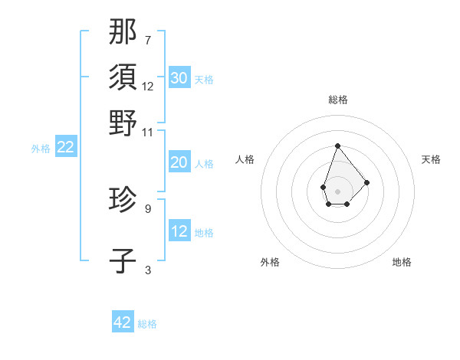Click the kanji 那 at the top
(123, 32)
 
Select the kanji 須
(123, 77)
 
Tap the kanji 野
(123, 123)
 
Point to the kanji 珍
(123, 199)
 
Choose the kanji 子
(123, 260)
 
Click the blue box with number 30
(179, 78)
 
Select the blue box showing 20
(179, 162)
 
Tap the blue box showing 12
(179, 231)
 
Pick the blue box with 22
(66, 148)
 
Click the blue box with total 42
(123, 322)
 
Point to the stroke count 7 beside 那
(147, 40)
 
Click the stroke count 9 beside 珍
(147, 208)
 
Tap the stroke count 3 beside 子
(147, 270)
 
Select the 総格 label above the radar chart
(337, 100)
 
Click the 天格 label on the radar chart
(431, 159)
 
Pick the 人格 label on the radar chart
(245, 159)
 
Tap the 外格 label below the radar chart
(270, 262)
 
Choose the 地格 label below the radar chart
(402, 262)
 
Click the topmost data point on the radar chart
(337, 146)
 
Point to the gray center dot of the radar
(337, 190)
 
